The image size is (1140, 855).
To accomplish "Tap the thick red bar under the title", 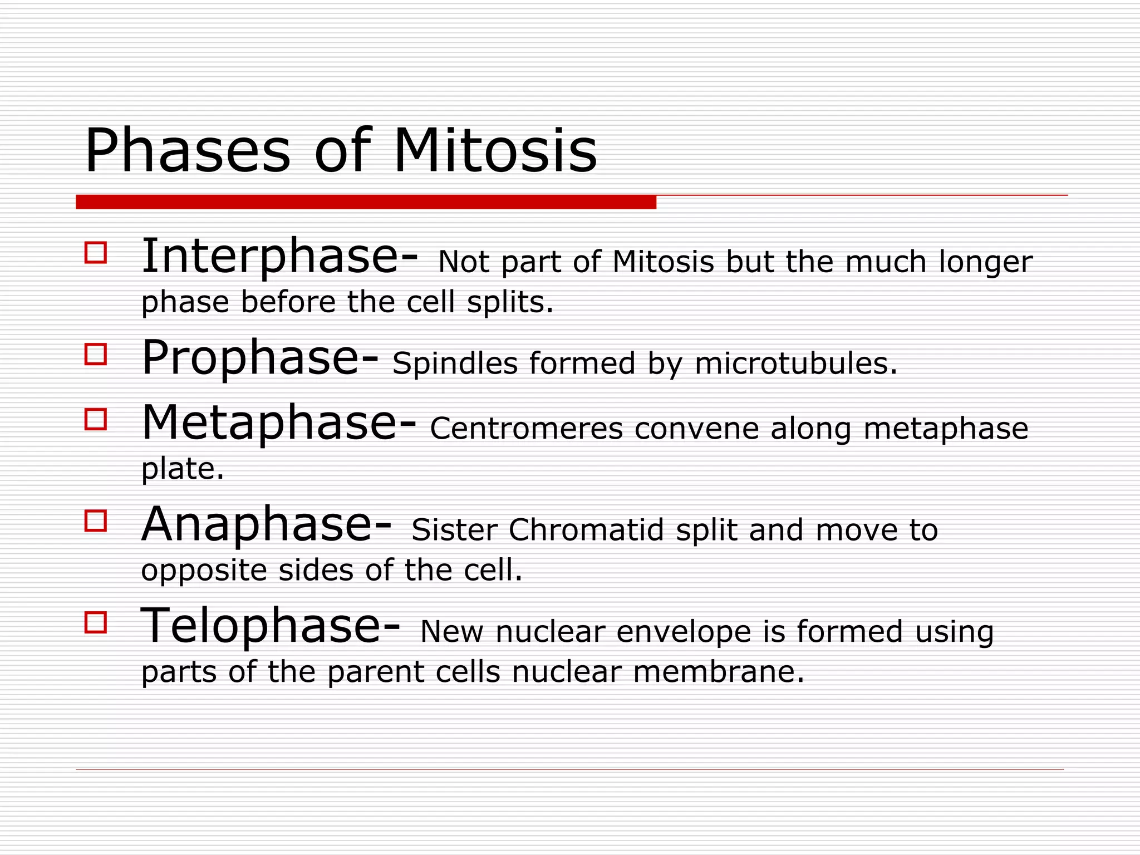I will tap(366, 202).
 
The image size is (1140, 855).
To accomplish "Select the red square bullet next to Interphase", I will tap(96, 252).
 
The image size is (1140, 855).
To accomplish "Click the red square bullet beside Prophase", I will tap(96, 354).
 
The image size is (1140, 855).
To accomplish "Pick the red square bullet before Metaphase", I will tap(96, 419).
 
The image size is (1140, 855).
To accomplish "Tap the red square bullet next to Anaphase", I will tap(96, 521).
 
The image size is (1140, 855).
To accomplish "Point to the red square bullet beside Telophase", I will tap(96, 622).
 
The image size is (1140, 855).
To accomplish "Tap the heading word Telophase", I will tap(262, 626).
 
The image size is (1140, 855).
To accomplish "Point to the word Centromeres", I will tap(526, 429).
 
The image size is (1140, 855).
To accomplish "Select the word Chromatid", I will tap(586, 530).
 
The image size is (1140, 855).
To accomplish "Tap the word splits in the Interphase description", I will tap(509, 303).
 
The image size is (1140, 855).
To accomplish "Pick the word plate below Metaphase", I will tap(181, 469).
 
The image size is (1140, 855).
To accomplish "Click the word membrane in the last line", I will tap(718, 672).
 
